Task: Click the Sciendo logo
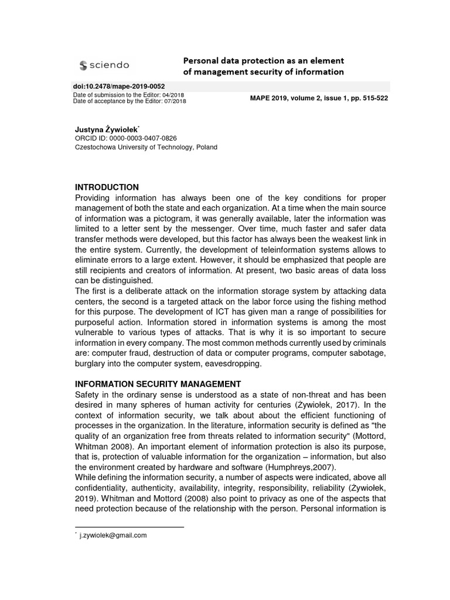tap(104, 65)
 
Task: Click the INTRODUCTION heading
tap(107, 187)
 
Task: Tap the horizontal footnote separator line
tap(129, 527)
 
